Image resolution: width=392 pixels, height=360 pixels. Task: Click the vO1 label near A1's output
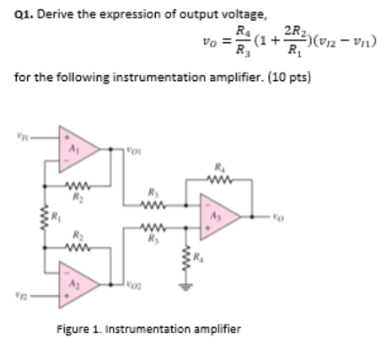132,153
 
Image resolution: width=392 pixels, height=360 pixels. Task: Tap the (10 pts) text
237,80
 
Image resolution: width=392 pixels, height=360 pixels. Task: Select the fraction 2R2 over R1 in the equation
293,47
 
